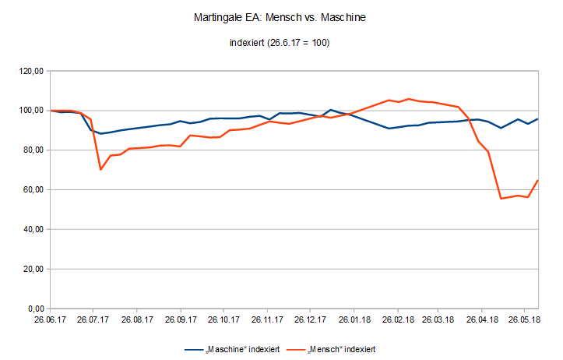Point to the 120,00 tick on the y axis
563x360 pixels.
point(30,71)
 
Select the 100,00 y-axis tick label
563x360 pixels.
point(30,111)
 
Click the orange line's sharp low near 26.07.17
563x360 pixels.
point(100,170)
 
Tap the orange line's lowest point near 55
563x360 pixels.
point(501,199)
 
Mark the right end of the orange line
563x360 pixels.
point(538,181)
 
